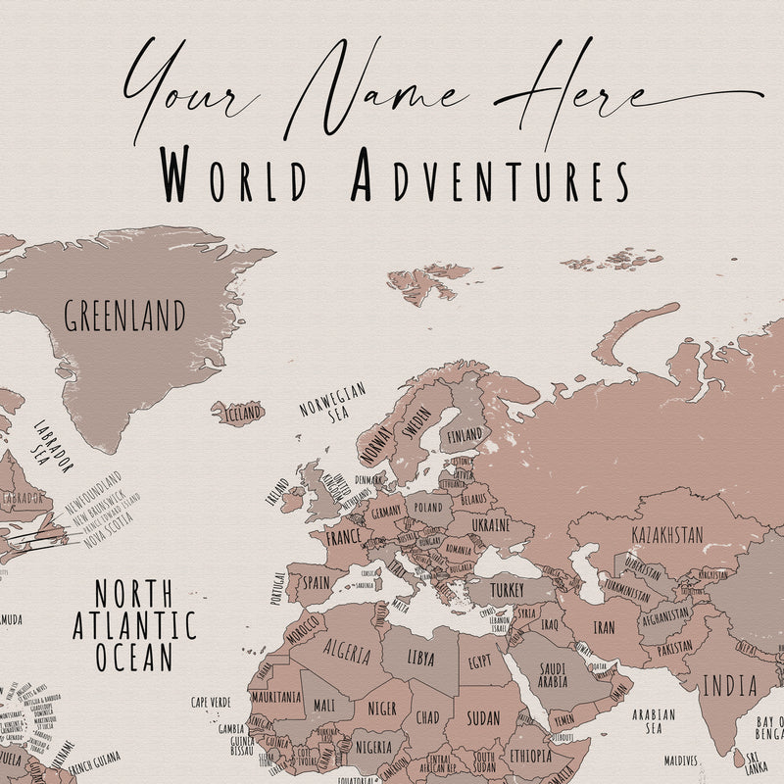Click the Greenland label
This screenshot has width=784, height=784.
(124, 317)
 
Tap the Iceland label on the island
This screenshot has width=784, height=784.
(241, 414)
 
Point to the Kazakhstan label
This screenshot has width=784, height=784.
(666, 535)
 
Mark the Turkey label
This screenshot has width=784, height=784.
(507, 590)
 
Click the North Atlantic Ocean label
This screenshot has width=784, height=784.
(134, 624)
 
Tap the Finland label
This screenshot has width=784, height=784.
(465, 434)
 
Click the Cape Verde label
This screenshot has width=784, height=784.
(211, 702)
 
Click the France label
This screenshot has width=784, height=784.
(343, 538)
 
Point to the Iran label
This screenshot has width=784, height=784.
(604, 628)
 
